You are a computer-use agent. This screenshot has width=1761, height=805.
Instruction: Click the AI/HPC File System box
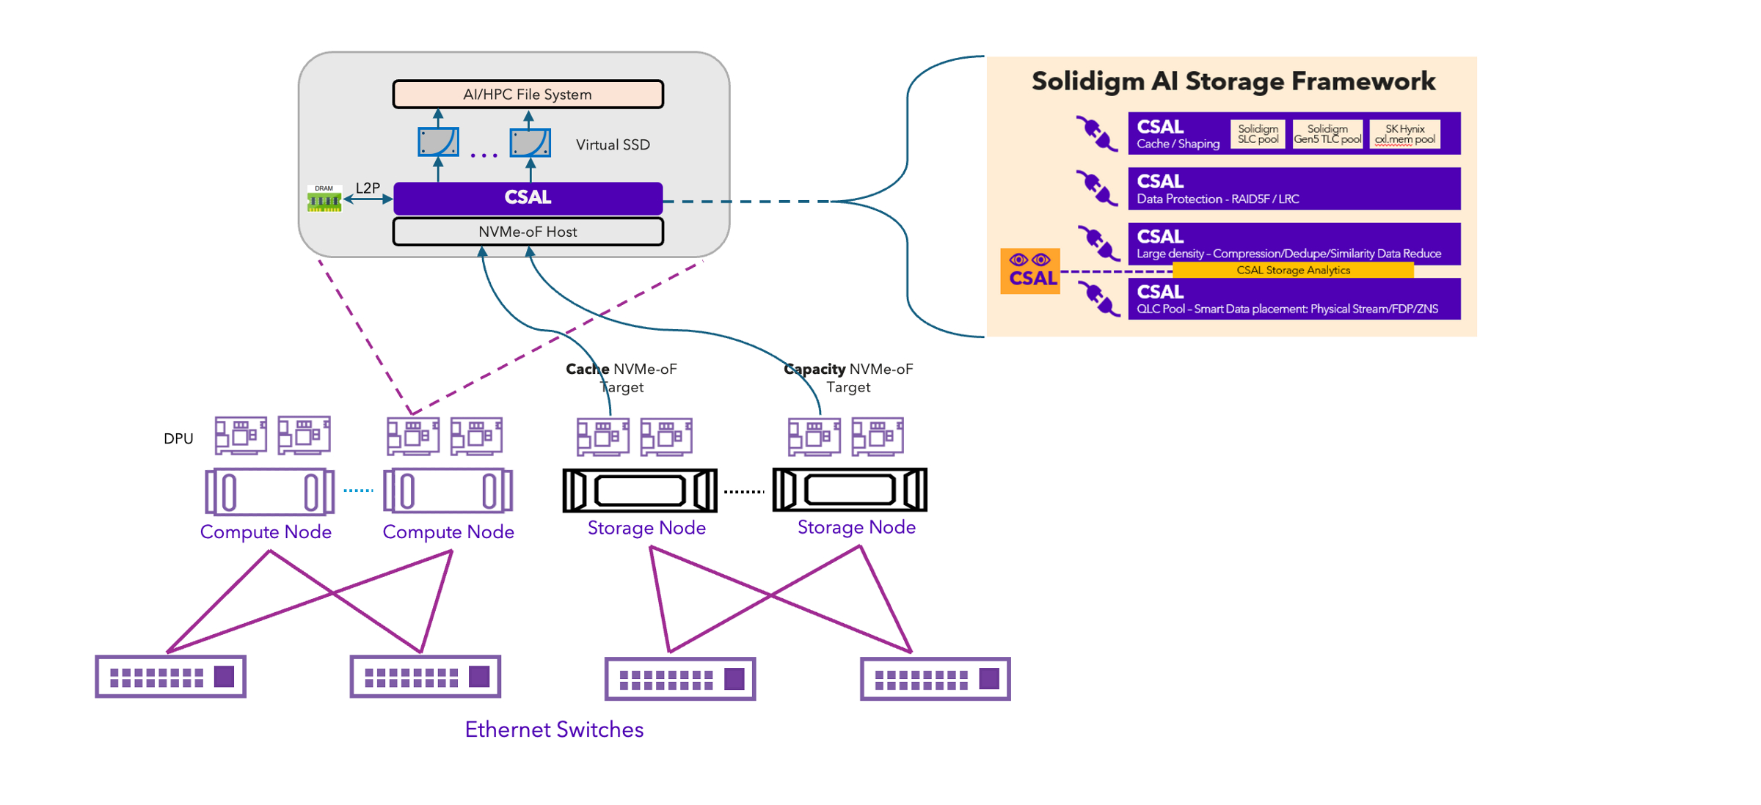click(x=528, y=95)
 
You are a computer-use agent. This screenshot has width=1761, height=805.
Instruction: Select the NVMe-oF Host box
click(x=528, y=232)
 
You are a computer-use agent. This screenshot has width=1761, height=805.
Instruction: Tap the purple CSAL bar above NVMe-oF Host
click(x=528, y=198)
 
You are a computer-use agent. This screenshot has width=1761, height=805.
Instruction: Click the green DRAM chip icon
click(x=324, y=199)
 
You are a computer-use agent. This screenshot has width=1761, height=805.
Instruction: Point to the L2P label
click(x=368, y=188)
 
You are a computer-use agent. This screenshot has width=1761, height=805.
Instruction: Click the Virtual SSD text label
click(x=613, y=145)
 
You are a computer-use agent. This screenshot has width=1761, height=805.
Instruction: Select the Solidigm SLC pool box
click(x=1258, y=134)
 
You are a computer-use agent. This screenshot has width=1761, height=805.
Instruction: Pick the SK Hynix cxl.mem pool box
click(x=1404, y=134)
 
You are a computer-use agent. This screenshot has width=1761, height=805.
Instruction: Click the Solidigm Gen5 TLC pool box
click(x=1327, y=134)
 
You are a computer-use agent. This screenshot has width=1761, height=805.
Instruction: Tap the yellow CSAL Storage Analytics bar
click(x=1293, y=271)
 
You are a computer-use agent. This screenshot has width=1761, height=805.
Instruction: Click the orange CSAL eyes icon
click(x=1030, y=271)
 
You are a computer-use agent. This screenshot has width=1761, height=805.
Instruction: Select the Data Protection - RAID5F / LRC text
click(x=1217, y=199)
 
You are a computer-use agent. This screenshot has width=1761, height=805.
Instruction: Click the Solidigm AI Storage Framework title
click(x=1233, y=81)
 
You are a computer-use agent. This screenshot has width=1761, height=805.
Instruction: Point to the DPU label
click(x=178, y=438)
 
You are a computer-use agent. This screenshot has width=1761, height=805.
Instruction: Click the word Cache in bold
click(x=587, y=369)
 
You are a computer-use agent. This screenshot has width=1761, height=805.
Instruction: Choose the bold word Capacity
click(x=814, y=369)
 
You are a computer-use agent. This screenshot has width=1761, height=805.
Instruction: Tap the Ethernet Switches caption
click(x=554, y=729)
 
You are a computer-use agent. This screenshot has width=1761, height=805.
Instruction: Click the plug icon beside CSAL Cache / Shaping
click(x=1096, y=133)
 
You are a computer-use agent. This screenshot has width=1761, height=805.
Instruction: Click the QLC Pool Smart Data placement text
click(x=1287, y=309)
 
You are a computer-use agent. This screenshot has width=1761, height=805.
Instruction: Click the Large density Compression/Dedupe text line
click(x=1288, y=254)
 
